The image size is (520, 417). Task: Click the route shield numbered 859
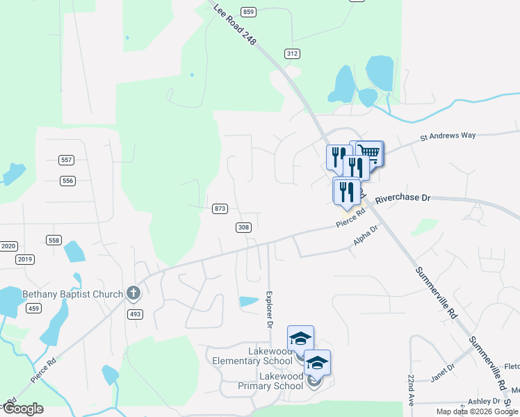[249, 12]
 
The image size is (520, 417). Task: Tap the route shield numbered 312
[292, 54]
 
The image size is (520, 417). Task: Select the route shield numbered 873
[220, 208]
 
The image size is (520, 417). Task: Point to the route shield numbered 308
[243, 227]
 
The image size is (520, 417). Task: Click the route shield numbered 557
[67, 160]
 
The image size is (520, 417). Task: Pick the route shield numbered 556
[67, 181]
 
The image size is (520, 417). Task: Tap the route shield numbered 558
[54, 240]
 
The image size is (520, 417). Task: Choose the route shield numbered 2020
[8, 246]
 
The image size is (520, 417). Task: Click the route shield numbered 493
[135, 314]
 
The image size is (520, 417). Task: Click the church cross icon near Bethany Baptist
[132, 294]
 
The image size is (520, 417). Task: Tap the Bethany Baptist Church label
[72, 294]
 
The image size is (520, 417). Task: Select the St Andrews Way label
[448, 136]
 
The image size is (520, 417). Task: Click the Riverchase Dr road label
[403, 198]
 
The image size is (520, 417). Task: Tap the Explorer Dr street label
[268, 309]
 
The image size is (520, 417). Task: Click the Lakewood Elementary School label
[252, 356]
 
